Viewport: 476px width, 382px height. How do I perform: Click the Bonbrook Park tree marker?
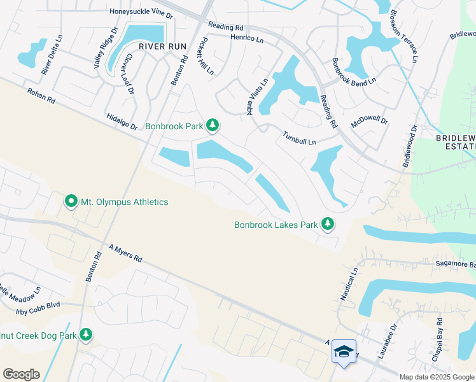coord(213,126)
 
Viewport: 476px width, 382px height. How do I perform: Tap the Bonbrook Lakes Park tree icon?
coord(328,224)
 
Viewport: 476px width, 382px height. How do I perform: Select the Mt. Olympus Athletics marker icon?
coord(70,202)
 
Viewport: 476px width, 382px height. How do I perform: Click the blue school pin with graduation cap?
coord(344,352)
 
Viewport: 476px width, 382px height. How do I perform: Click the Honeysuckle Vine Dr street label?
coord(141,11)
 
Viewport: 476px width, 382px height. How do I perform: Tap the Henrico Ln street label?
coord(247,39)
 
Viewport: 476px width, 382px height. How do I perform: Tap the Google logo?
coord(21,374)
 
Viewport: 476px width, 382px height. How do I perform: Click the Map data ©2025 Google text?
coord(437,377)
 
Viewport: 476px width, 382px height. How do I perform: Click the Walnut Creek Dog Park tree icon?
coord(85,335)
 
